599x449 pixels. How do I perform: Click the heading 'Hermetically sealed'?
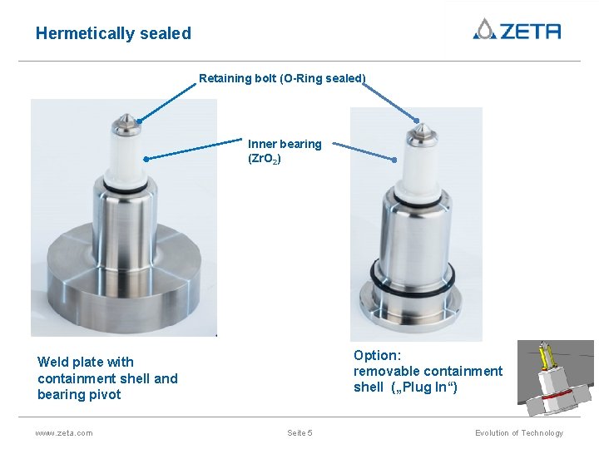(113, 33)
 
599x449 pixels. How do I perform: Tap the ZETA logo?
(517, 30)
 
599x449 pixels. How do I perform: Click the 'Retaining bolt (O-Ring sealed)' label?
(282, 78)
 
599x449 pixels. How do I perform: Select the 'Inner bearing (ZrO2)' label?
(285, 150)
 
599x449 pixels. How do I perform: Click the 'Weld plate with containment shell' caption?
(107, 377)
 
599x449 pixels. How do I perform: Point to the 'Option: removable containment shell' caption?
(428, 371)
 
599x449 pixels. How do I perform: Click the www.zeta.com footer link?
(64, 432)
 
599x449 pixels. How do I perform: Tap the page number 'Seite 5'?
(299, 432)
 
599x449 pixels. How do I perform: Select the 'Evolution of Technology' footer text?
(518, 432)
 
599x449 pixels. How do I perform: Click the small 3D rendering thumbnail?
(555, 378)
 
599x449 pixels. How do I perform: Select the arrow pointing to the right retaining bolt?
(391, 101)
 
